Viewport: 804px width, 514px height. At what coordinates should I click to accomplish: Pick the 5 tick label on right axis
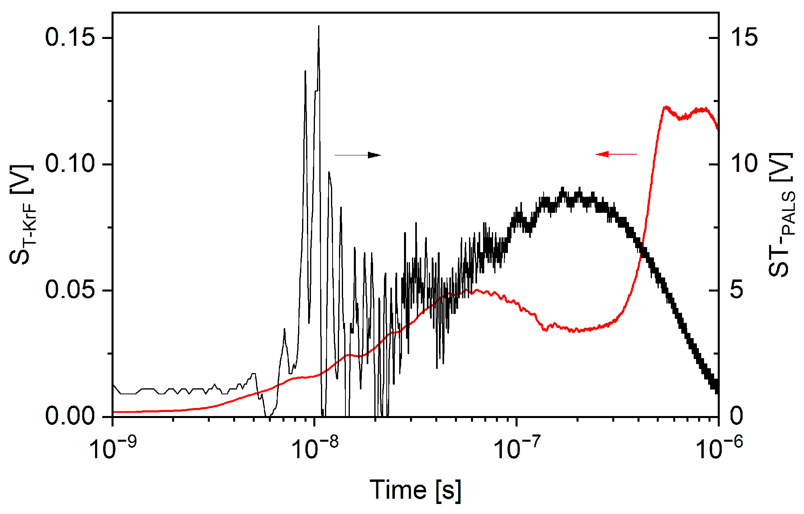coord(737,290)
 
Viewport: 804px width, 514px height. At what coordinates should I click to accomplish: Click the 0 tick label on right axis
coord(737,416)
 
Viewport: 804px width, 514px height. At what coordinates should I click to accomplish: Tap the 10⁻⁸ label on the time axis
coord(315,447)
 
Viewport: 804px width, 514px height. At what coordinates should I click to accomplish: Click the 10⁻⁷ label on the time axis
coord(518,447)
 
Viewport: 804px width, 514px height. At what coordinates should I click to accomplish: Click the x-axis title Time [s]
coord(415,490)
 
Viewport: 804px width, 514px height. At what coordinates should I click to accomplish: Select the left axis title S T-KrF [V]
coord(23,214)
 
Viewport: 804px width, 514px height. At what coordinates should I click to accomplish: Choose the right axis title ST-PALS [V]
coord(781,214)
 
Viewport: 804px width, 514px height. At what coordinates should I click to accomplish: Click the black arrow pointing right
coord(358,155)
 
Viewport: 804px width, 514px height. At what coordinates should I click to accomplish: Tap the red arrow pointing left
coord(616,154)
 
